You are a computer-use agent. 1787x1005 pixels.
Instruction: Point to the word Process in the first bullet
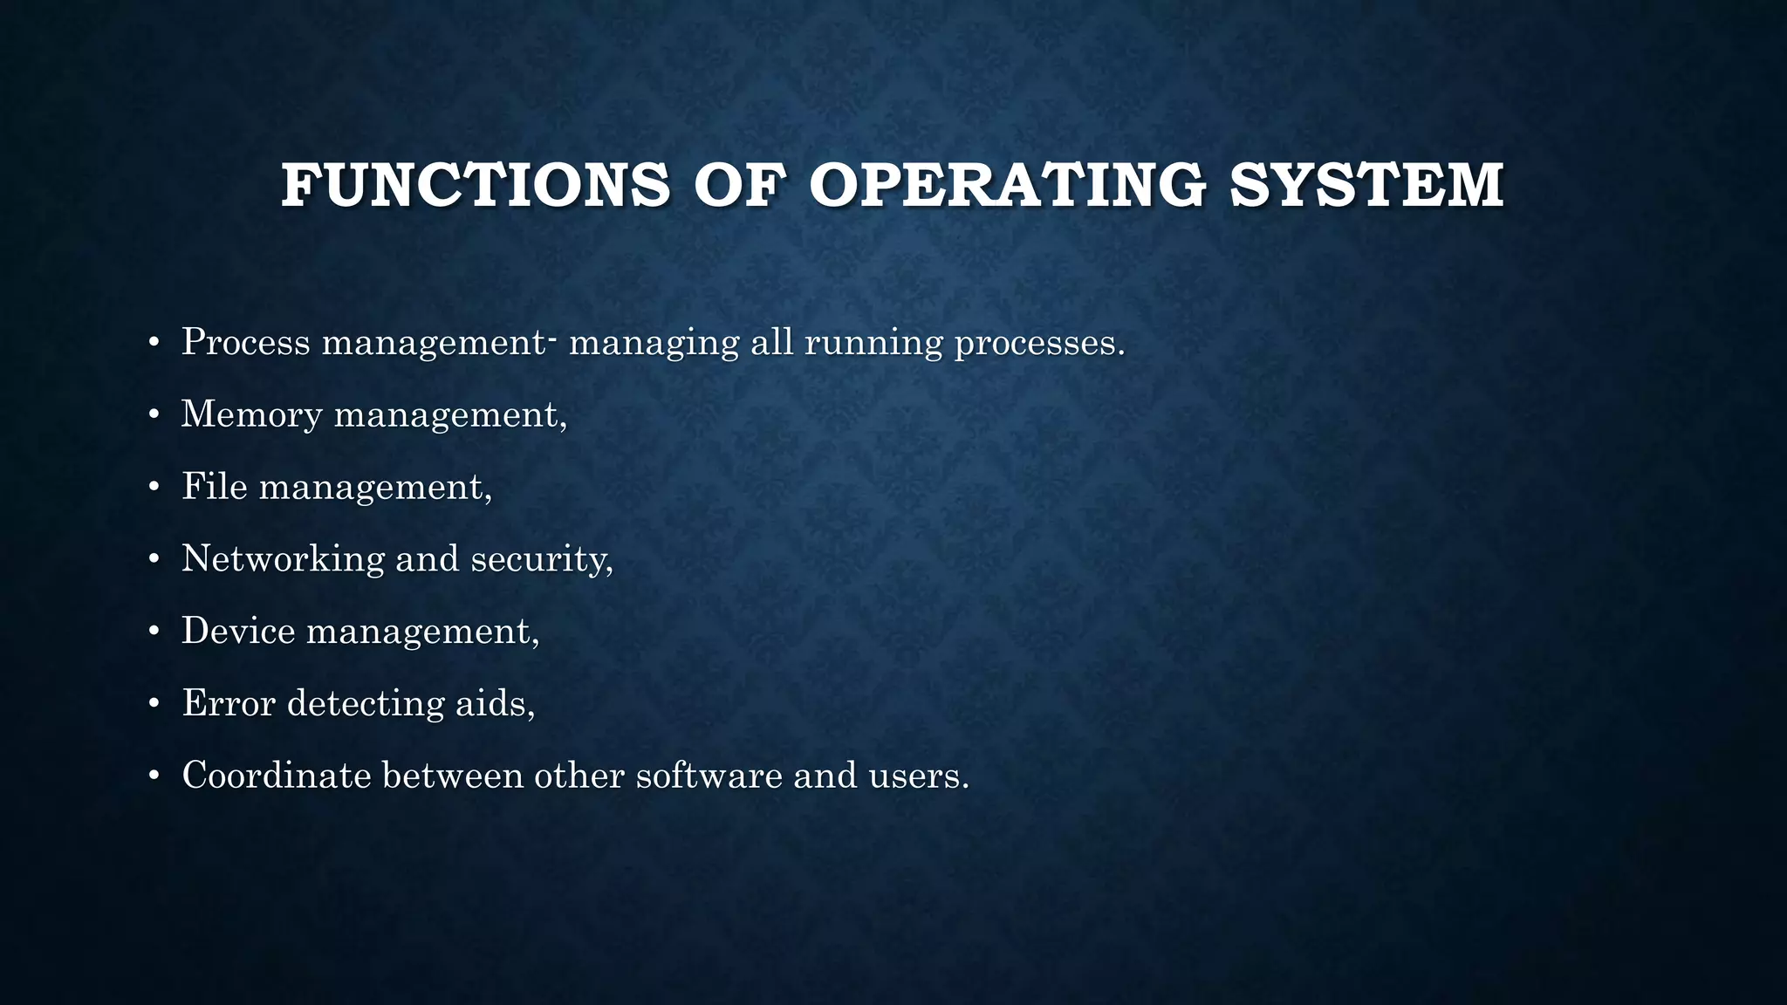click(x=245, y=341)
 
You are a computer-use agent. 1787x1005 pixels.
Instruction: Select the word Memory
click(x=251, y=414)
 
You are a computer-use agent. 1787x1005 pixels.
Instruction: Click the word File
click(x=215, y=486)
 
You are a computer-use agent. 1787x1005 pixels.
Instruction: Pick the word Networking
click(x=283, y=559)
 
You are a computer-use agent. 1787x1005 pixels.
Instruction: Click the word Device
click(x=238, y=631)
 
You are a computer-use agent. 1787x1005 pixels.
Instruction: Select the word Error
click(x=229, y=703)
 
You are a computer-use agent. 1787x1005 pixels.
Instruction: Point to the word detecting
click(x=366, y=704)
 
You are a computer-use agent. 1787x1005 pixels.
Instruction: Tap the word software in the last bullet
click(x=709, y=776)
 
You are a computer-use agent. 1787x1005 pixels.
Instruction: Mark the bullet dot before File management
click(x=154, y=487)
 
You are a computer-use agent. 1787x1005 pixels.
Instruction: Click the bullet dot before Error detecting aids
click(x=154, y=704)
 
